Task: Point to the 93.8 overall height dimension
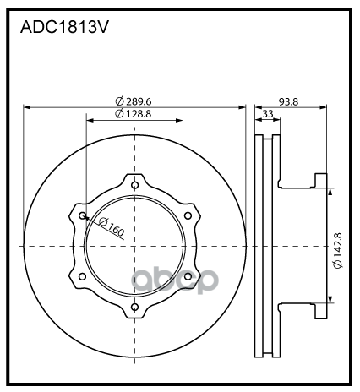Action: (x=291, y=101)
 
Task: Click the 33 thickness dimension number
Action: (x=268, y=113)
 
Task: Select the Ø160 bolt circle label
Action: (x=111, y=227)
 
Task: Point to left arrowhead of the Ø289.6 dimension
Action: (x=27, y=107)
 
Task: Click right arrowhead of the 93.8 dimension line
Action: (x=325, y=107)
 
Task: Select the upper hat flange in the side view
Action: (x=320, y=179)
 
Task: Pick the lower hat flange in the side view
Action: (x=320, y=313)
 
